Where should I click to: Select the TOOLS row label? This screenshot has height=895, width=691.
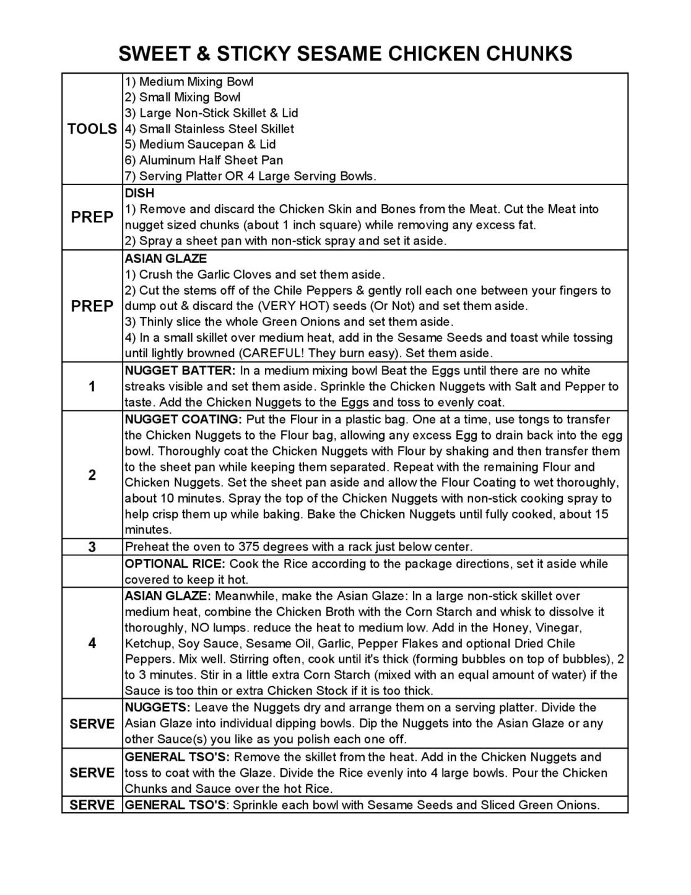92,129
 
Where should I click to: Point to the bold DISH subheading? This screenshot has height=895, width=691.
139,193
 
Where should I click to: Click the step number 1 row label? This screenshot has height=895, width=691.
92,387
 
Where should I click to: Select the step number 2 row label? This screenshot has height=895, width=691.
92,475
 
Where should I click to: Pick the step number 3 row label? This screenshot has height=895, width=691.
92,547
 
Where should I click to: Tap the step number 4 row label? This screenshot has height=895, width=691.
92,643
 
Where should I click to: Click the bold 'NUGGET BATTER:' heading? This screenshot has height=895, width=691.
180,371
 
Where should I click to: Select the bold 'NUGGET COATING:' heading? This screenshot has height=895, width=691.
184,420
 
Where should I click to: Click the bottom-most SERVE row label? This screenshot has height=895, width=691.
92,805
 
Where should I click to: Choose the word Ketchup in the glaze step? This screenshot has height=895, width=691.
149,644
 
